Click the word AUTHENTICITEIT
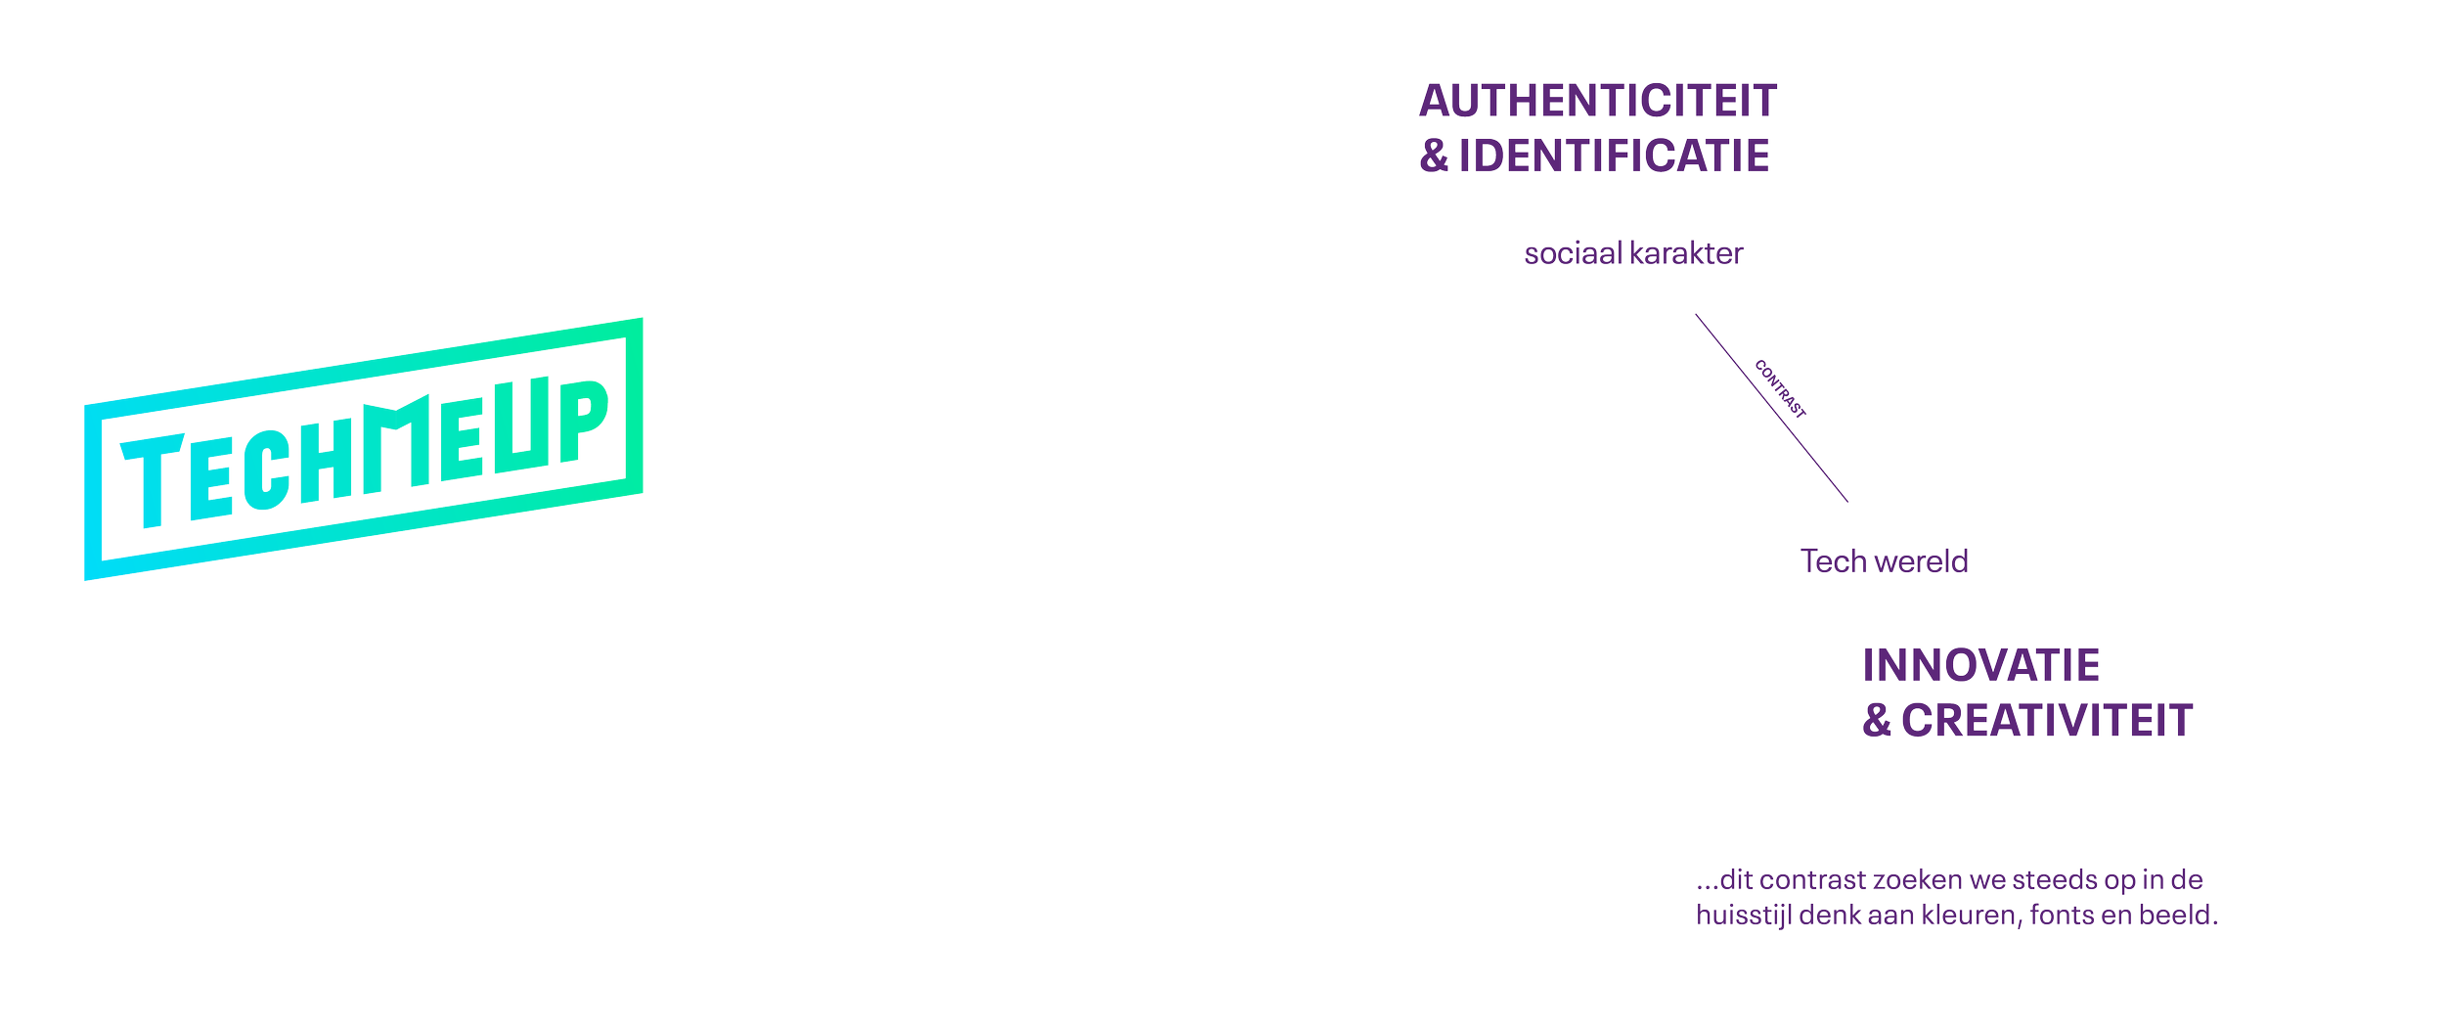(x=1597, y=102)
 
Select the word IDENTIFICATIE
(x=1614, y=156)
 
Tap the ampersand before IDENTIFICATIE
(x=1434, y=156)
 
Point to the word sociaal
(x=1571, y=254)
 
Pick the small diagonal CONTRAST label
(x=1779, y=389)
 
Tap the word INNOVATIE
(x=1980, y=666)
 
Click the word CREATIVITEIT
(x=2047, y=721)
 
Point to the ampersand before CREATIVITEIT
(x=1876, y=721)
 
